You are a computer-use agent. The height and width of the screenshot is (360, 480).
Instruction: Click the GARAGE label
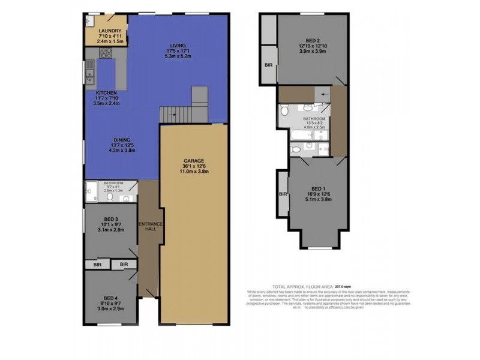[x=194, y=161]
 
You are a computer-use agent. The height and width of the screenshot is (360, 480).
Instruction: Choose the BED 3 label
[x=109, y=220]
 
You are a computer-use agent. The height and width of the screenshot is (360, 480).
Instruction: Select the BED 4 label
[x=109, y=298]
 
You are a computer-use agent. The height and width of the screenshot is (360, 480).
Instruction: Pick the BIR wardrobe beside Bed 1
[x=281, y=194]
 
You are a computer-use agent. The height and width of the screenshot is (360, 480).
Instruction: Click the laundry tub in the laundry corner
[x=88, y=21]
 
